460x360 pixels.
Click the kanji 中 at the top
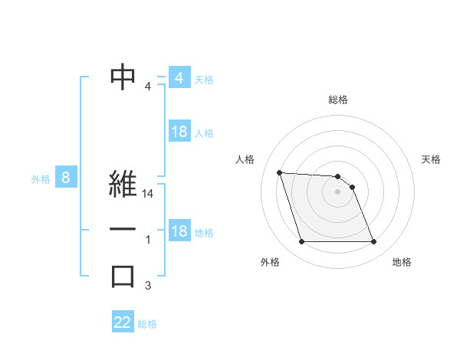(x=123, y=77)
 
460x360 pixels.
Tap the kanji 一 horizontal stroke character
(x=123, y=230)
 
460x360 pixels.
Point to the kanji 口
(x=123, y=277)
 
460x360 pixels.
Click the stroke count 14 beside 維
(x=149, y=195)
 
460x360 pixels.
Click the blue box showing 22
(x=123, y=322)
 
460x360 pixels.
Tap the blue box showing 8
(x=66, y=178)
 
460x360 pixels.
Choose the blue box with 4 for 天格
(x=179, y=78)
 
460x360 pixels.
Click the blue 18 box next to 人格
(x=179, y=132)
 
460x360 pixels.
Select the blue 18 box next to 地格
(x=179, y=231)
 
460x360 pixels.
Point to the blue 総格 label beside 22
(x=147, y=324)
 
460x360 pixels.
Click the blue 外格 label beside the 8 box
(x=41, y=179)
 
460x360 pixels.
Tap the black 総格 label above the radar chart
(x=338, y=100)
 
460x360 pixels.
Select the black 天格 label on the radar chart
(x=432, y=159)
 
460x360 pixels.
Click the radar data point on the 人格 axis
(x=279, y=172)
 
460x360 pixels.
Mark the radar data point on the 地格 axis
(x=373, y=242)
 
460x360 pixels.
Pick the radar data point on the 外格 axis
(x=301, y=242)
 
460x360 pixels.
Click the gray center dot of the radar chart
(x=338, y=191)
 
